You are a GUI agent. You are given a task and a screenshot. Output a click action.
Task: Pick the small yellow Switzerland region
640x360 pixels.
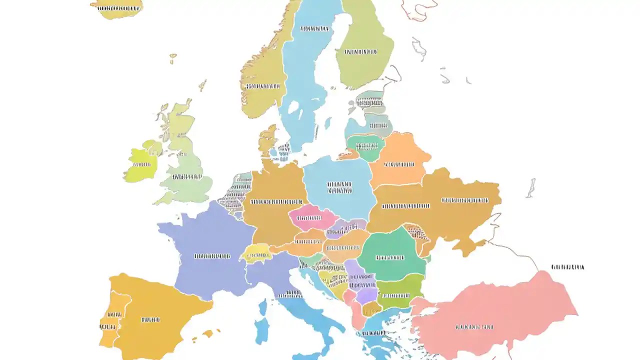[x=256, y=253]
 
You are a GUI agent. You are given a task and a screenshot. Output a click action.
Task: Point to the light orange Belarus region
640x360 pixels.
[x=397, y=162]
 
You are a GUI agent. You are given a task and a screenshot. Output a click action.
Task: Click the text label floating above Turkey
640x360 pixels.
[x=567, y=267]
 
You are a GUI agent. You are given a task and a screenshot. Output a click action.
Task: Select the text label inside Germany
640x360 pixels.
[x=272, y=202]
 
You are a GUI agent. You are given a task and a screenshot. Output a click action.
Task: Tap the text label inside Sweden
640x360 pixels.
[x=314, y=29]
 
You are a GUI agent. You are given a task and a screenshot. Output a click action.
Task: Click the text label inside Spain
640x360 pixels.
[x=150, y=319]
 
